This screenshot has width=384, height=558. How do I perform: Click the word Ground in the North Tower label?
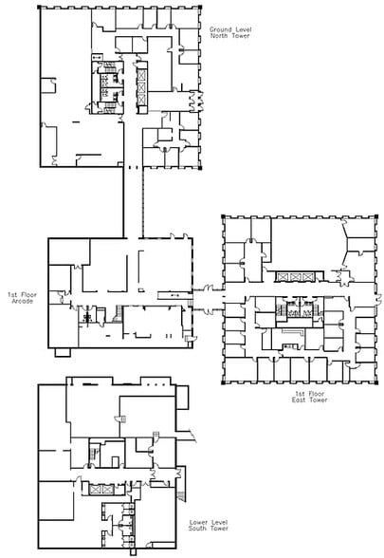[x=220, y=30]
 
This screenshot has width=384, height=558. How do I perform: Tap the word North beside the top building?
[x=219, y=36]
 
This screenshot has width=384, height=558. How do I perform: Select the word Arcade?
[x=23, y=301]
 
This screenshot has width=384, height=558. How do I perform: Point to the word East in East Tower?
[x=300, y=400]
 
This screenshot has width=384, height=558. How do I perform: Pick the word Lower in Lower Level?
[x=199, y=522]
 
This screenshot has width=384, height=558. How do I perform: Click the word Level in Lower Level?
[x=220, y=522]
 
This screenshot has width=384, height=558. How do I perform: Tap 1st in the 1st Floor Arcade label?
[x=12, y=295]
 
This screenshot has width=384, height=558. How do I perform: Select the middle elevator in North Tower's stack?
[x=141, y=87]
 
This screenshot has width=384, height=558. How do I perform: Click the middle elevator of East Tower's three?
[x=295, y=277]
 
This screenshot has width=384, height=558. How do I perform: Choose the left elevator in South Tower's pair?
[x=95, y=490]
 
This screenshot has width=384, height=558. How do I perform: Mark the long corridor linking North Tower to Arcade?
[x=134, y=202]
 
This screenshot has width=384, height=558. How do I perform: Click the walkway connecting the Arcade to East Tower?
[x=208, y=298]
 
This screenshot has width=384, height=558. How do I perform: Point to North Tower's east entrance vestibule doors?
[x=196, y=102]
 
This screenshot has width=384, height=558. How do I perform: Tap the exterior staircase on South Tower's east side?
[x=182, y=496]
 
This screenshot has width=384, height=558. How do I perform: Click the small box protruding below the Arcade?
[x=63, y=352]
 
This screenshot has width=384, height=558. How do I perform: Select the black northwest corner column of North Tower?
[x=39, y=7]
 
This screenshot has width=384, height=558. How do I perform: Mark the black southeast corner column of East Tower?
[x=375, y=382]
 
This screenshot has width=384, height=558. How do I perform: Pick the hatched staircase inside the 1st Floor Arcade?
[x=118, y=314]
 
